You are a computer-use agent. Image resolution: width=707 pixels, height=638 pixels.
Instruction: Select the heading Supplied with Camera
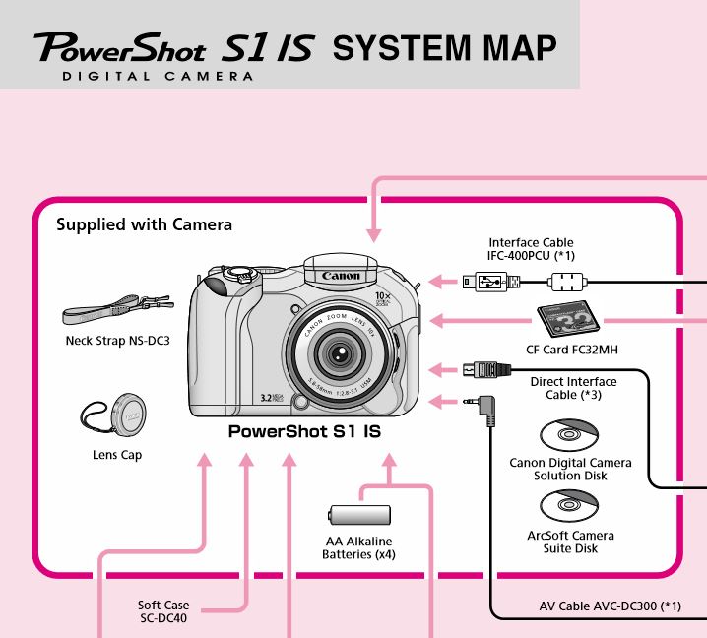pos(144,224)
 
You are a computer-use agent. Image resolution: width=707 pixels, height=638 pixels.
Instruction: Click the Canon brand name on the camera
pos(341,277)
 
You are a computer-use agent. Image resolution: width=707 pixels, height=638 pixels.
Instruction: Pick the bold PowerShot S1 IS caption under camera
pos(304,431)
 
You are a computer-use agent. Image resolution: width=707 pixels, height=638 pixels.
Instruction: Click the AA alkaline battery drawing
pos(358,515)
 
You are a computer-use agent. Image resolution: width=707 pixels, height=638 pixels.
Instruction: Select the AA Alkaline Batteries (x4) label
pos(358,547)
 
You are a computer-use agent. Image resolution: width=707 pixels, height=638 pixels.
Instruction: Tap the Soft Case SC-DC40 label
pos(163,611)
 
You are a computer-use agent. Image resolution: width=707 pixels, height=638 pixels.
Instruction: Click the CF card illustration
pos(567,320)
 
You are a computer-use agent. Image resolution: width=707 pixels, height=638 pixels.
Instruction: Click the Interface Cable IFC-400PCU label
pos(532,249)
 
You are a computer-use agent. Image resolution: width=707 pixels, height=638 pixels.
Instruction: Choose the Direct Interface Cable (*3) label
pos(573,388)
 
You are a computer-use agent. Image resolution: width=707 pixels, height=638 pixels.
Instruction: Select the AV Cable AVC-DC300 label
pos(610,606)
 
